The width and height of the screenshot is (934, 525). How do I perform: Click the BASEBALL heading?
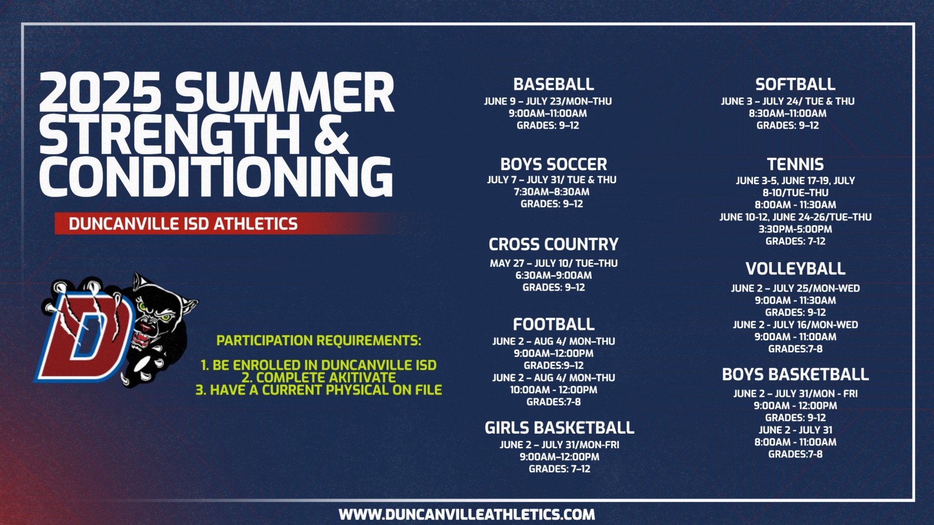554,84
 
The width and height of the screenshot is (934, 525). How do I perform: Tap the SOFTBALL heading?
795,84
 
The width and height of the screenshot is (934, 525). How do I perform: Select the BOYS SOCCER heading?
554,164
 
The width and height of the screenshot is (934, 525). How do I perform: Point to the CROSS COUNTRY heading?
554,244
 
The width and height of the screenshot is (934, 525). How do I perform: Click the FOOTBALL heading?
554,324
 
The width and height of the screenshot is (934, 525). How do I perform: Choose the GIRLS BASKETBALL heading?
559,428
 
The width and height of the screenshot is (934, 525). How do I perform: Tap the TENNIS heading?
795,164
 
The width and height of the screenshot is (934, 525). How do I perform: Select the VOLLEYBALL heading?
795,268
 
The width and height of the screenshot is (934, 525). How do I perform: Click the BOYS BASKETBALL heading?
795,374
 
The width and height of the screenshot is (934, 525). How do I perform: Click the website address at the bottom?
467,514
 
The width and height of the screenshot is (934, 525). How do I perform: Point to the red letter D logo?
85,335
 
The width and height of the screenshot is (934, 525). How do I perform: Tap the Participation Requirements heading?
319,340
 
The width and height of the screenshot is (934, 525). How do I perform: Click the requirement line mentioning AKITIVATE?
319,378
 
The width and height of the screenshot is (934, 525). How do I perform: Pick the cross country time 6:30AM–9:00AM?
554,275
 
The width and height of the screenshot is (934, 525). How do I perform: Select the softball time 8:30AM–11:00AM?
788,113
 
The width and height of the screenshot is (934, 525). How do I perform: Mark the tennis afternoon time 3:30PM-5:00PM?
795,229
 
